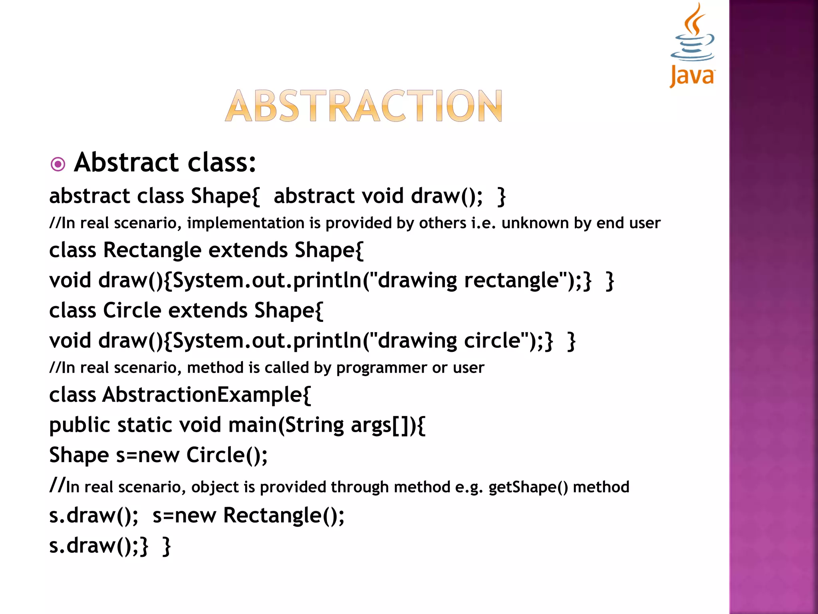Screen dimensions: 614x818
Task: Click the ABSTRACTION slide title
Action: pyautogui.click(x=363, y=106)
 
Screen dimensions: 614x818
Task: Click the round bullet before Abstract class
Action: pyautogui.click(x=58, y=164)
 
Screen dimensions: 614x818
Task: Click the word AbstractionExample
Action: pyautogui.click(x=206, y=395)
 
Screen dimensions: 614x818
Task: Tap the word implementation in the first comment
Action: pyautogui.click(x=246, y=223)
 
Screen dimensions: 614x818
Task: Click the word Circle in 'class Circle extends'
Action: pyautogui.click(x=132, y=311)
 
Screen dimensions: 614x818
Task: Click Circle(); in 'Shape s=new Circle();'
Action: pyautogui.click(x=227, y=455)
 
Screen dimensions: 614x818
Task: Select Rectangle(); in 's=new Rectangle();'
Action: pyautogui.click(x=284, y=516)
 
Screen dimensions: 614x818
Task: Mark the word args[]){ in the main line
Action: pyautogui.click(x=388, y=425)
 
